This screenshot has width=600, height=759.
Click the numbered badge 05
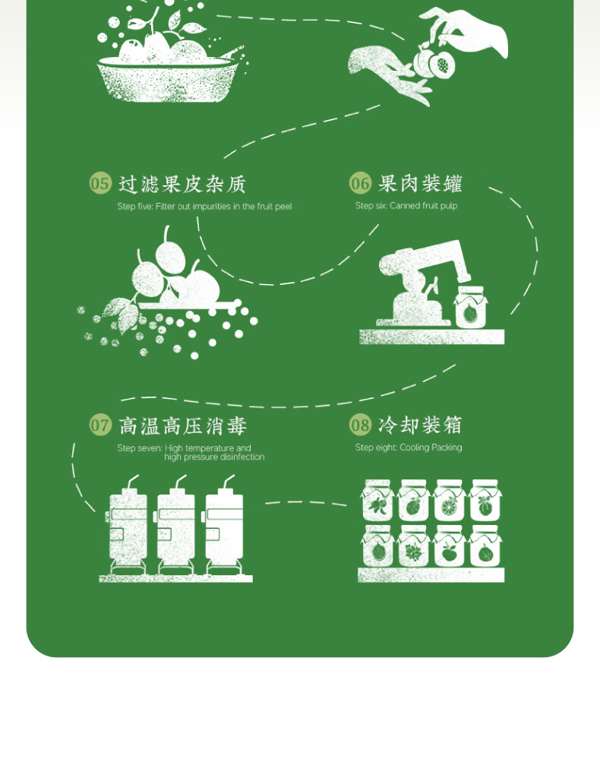(100, 183)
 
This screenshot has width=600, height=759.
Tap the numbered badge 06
(360, 183)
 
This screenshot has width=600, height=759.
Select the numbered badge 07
(100, 425)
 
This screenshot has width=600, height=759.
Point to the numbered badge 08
(360, 425)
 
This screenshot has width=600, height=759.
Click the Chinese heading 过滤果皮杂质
(182, 184)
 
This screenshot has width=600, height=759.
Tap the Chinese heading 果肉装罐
(420, 184)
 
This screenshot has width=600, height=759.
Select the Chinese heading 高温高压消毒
(182, 425)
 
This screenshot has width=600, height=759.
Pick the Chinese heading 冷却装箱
(420, 425)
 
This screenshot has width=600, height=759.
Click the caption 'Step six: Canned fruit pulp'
(406, 206)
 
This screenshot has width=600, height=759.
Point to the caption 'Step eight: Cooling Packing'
(409, 447)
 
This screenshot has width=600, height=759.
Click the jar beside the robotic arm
(471, 308)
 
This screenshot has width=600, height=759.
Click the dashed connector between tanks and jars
(305, 502)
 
